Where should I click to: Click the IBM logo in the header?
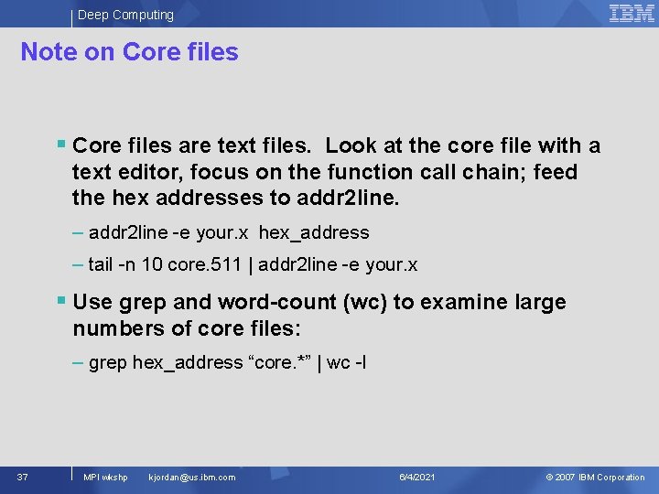click(632, 13)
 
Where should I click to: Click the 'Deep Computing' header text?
click(125, 15)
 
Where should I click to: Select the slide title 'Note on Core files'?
click(129, 52)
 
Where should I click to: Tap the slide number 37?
click(22, 477)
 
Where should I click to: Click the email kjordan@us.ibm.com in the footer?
click(191, 478)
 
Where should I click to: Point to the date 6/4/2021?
click(417, 478)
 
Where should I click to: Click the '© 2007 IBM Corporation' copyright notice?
click(595, 478)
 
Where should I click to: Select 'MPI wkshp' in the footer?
click(105, 478)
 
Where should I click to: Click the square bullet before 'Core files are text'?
click(60, 145)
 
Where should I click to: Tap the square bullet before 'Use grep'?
click(60, 300)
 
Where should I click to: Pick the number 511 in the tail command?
click(225, 265)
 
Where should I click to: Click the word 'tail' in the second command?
click(102, 265)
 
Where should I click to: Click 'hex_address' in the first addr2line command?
click(314, 233)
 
